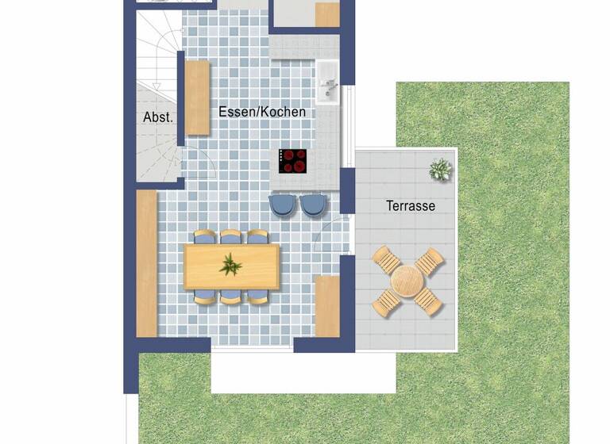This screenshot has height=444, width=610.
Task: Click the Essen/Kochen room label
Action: point(262,113)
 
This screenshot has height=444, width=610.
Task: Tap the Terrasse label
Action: point(411,206)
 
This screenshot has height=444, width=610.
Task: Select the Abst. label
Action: point(158,117)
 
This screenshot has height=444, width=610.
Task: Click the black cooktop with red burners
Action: point(293,161)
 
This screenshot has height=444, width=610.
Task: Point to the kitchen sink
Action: point(328,82)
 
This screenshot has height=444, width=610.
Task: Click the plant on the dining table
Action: point(231,265)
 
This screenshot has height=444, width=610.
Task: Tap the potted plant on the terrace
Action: point(440,169)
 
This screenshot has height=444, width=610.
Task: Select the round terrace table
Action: point(408,281)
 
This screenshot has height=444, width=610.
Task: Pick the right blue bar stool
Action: point(313,205)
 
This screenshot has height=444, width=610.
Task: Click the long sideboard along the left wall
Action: point(147,263)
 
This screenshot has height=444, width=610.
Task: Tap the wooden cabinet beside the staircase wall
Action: point(197,97)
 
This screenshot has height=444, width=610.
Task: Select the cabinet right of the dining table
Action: point(327,306)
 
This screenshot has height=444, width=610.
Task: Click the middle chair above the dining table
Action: point(231,236)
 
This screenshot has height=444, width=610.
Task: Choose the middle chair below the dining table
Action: point(231,297)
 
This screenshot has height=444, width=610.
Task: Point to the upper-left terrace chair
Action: point(388,259)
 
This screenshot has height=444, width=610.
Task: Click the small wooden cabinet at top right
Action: point(327,14)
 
